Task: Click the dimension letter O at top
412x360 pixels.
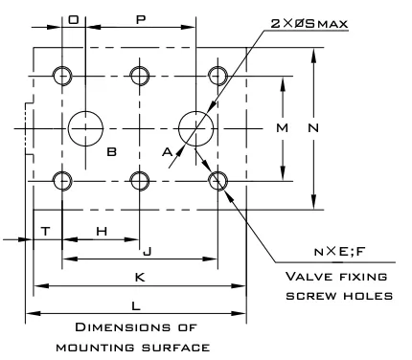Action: coord(74,20)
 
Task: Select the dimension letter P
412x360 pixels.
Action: coord(141,20)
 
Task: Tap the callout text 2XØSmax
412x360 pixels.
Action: coord(309,24)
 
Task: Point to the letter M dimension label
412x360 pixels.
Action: coord(282,128)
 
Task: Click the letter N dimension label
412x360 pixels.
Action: coord(313,128)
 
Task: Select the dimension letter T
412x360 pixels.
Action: coord(46,231)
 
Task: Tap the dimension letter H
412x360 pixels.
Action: coord(102,231)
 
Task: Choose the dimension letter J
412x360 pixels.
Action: coord(148,252)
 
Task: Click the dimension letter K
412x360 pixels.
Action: coord(140,277)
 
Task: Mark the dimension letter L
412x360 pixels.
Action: coord(136,306)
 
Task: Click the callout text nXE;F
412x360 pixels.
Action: coord(339,252)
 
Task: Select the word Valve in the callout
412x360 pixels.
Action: coord(305,277)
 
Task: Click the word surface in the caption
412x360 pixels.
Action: coord(175,348)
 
